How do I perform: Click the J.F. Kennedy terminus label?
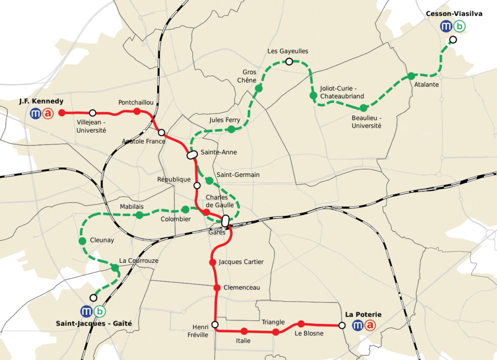click(x=41, y=102)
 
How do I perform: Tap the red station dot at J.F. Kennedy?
click(x=62, y=113)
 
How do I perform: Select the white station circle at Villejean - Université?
click(x=93, y=113)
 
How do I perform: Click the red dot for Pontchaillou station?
click(x=137, y=111)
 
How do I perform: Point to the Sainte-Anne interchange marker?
click(x=192, y=155)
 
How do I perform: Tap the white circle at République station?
click(x=197, y=185)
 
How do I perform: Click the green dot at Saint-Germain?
click(x=209, y=181)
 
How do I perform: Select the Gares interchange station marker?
click(x=225, y=221)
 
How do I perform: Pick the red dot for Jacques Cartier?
click(x=212, y=262)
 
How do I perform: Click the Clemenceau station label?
click(x=242, y=288)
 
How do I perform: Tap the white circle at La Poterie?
click(x=342, y=326)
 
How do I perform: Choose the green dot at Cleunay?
click(x=82, y=241)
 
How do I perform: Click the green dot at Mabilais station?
click(x=139, y=215)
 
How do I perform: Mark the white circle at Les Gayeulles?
click(x=289, y=61)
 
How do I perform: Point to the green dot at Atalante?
click(x=411, y=76)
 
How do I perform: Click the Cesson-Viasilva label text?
click(x=454, y=14)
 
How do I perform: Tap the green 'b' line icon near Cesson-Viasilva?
click(x=459, y=27)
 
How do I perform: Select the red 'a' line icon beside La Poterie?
click(x=370, y=326)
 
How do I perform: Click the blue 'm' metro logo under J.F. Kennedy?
click(x=35, y=114)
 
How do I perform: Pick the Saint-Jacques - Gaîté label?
click(x=94, y=323)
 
